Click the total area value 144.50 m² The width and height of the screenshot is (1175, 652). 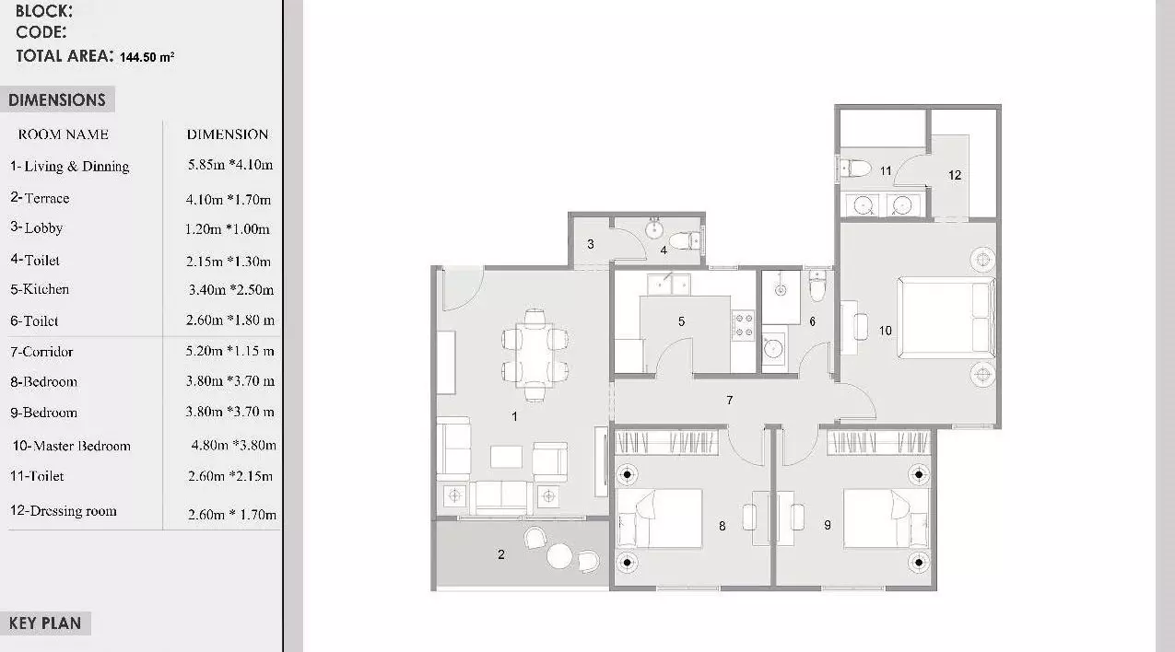[147, 56]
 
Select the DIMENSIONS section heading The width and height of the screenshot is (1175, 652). [57, 99]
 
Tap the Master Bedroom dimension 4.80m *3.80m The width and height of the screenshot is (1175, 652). [233, 445]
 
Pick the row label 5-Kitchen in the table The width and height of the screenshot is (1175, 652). [40, 289]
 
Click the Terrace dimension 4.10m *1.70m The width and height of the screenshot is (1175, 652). [229, 199]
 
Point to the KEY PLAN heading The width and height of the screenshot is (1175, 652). [45, 623]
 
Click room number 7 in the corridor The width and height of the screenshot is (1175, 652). [730, 400]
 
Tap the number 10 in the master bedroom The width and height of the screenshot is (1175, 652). [886, 331]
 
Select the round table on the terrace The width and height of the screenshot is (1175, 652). [559, 556]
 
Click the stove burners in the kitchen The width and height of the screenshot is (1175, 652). [744, 325]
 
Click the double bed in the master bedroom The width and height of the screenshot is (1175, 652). [946, 318]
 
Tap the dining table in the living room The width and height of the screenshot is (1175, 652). [535, 355]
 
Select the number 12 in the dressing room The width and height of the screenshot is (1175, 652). [955, 175]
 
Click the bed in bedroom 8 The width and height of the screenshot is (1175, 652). [659, 518]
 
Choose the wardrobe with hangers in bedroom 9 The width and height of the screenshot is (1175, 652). [879, 442]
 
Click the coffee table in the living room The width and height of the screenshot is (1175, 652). [506, 457]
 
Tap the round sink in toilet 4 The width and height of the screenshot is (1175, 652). [654, 229]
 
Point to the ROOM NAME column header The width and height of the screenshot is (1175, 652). [64, 134]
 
